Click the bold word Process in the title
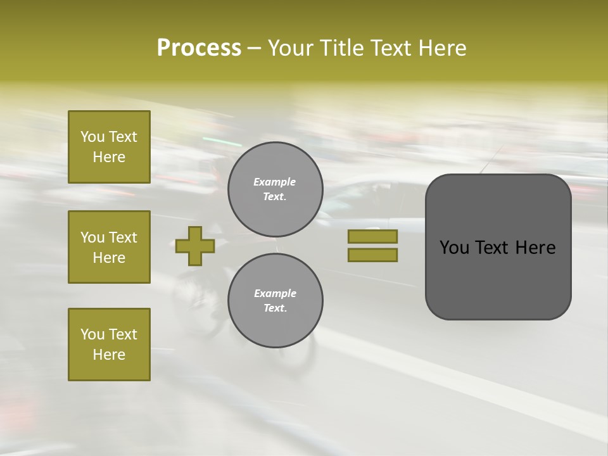[199, 48]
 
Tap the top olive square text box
[109, 147]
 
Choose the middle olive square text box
[109, 247]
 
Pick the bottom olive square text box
[109, 345]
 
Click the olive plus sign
[195, 246]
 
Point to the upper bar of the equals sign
[372, 237]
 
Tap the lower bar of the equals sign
[372, 255]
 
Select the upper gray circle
[275, 189]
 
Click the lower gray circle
[275, 301]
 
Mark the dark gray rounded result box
[498, 247]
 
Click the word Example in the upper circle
[275, 182]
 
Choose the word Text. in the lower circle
[275, 308]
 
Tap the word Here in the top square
[109, 157]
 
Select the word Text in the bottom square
[122, 334]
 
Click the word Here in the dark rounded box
[536, 248]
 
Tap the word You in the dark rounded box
[454, 248]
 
